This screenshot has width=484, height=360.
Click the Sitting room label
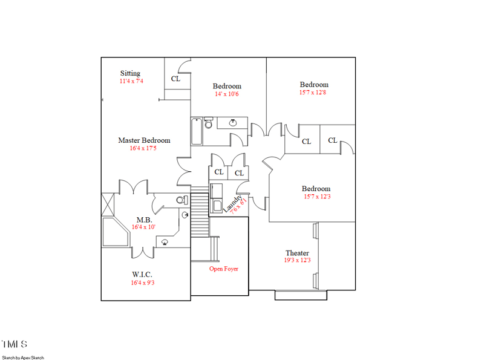point(130,73)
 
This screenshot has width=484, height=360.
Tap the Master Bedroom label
point(144,140)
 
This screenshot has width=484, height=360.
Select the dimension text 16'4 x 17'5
point(143,148)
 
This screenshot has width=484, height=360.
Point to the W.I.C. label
point(143,275)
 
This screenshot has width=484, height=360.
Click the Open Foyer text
point(224,269)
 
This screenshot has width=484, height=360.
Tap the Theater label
point(297,253)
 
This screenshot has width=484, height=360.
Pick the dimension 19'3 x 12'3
point(297,261)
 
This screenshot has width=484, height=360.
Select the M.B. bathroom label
point(143,220)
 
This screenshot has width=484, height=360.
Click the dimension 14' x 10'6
point(227,94)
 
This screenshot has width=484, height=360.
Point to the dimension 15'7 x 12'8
point(314,93)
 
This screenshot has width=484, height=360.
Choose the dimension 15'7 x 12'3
point(316,197)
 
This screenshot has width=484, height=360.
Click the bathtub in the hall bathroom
point(197,132)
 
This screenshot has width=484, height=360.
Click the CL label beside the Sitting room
point(175,79)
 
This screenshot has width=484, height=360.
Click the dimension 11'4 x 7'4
point(131,81)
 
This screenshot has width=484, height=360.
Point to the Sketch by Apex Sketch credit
point(23,358)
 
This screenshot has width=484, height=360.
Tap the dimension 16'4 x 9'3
point(143,283)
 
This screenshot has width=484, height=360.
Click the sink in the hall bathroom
point(233,123)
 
